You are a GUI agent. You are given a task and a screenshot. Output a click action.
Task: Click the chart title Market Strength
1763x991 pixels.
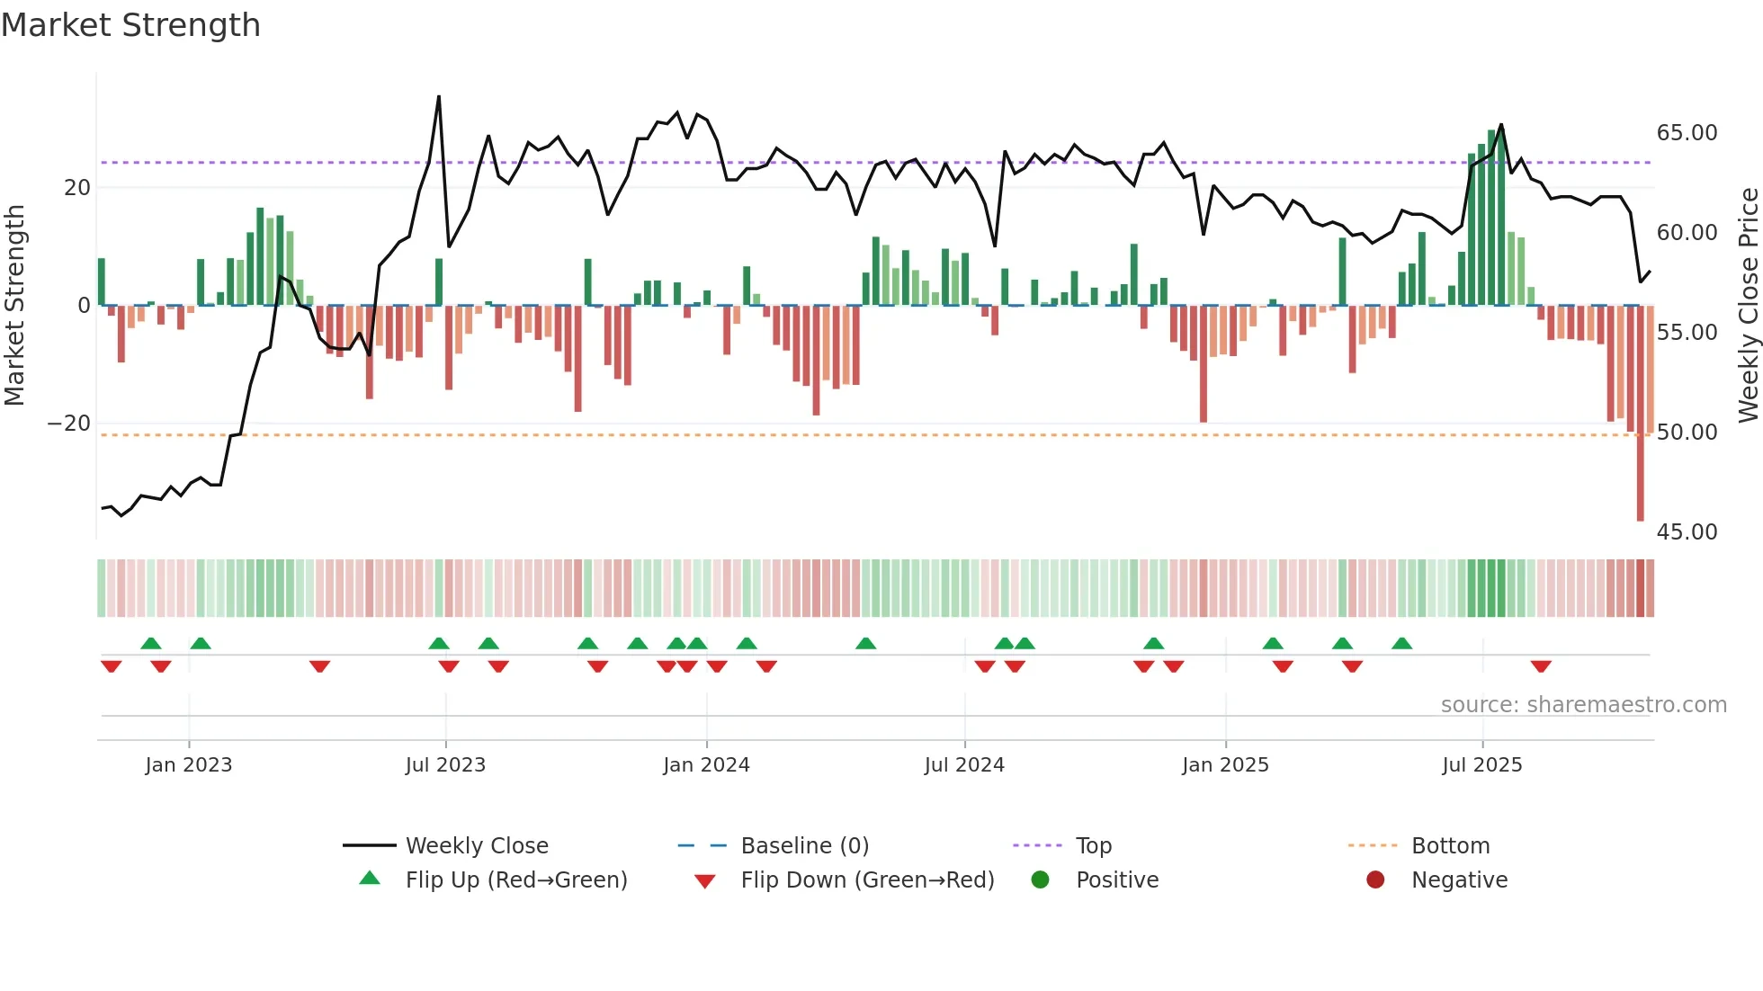[x=130, y=25]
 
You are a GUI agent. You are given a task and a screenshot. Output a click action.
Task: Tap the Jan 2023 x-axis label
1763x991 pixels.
[x=189, y=764]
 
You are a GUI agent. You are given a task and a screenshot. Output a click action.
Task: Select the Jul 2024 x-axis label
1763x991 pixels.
[x=964, y=764]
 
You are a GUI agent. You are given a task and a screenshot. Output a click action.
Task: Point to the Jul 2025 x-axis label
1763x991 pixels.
[x=1482, y=764]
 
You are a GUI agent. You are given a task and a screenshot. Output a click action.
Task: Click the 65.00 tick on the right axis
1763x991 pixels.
[x=1687, y=133]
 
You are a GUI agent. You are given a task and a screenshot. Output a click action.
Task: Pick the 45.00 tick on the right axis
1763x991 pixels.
[x=1687, y=532]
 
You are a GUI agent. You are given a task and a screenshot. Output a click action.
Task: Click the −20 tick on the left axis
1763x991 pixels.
[x=68, y=424]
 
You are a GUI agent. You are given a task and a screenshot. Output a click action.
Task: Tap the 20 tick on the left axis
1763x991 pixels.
[x=77, y=188]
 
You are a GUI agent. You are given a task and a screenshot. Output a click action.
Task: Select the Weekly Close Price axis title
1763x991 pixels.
[x=1748, y=306]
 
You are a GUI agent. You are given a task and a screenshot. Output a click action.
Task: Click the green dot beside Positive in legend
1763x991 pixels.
[x=1041, y=879]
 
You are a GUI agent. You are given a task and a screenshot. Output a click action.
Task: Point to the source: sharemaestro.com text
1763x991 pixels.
[x=1583, y=705]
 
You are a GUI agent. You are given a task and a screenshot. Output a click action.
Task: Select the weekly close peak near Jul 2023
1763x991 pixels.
[x=439, y=96]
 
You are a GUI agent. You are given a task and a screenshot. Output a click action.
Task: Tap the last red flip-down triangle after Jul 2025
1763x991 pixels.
[x=1541, y=666]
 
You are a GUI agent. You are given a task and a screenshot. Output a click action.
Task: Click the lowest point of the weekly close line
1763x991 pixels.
[x=121, y=515]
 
